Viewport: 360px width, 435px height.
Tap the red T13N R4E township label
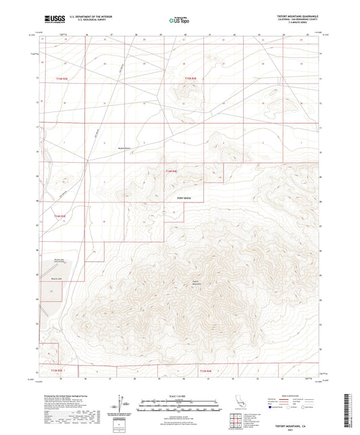point(207,370)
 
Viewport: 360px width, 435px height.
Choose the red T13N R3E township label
point(61,370)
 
